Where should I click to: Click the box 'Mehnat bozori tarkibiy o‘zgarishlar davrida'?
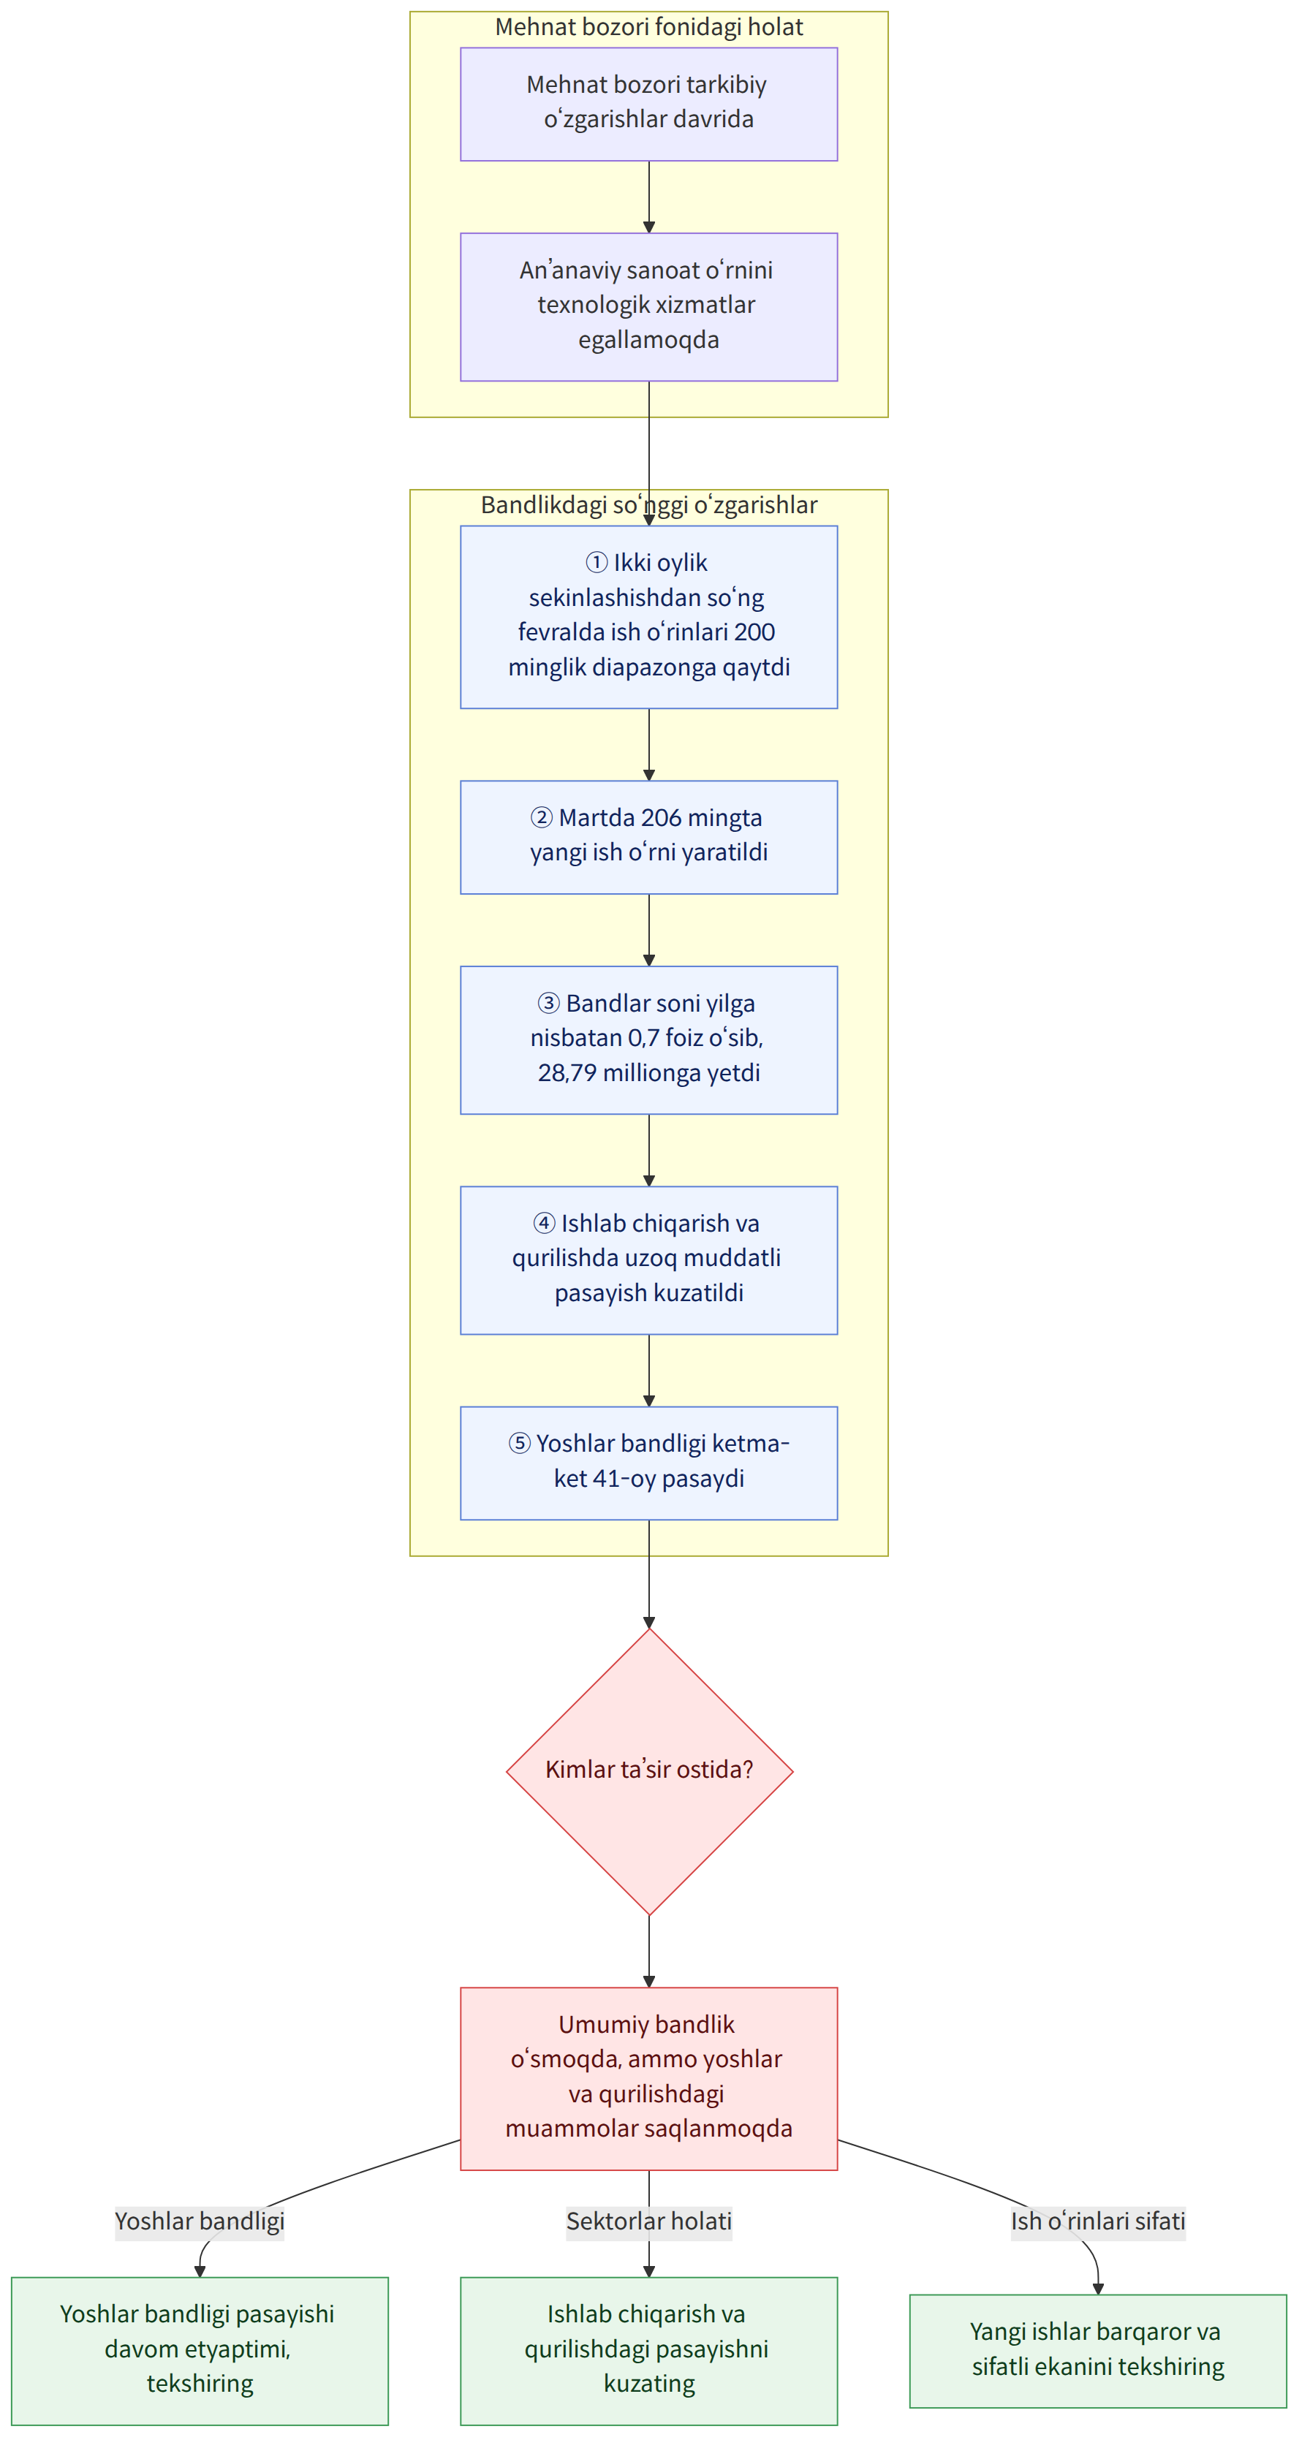(648, 104)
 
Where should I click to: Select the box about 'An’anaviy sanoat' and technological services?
(648, 306)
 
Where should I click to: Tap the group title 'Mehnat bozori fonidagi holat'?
(648, 27)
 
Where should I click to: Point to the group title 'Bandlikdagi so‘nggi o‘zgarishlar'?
(648, 505)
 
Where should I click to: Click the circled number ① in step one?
(597, 562)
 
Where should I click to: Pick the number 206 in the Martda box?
(661, 818)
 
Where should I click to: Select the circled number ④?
(544, 1223)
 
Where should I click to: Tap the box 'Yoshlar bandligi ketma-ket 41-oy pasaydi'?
(648, 1463)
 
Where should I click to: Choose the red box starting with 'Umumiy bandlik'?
(648, 2078)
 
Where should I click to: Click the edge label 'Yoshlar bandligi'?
(200, 2221)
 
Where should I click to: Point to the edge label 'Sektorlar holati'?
(649, 2221)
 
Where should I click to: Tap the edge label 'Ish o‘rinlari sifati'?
(1098, 2221)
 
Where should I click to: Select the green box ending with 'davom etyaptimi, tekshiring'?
(200, 2349)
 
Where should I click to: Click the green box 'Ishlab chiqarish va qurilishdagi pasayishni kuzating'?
(648, 2349)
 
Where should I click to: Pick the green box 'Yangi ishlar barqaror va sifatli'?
(1098, 2349)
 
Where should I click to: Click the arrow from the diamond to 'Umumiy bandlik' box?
(649, 1951)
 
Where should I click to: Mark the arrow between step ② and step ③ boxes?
(649, 930)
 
